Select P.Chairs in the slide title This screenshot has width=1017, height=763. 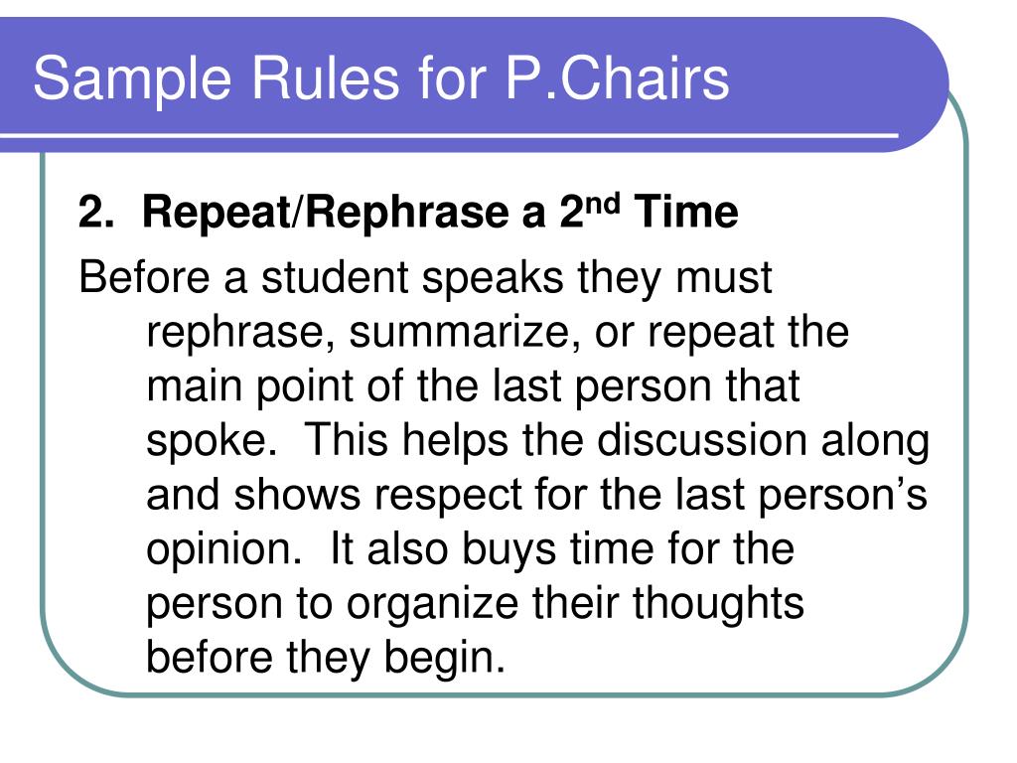coord(618,79)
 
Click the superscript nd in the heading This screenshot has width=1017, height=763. coord(604,204)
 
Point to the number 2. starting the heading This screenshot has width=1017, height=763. coord(95,213)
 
